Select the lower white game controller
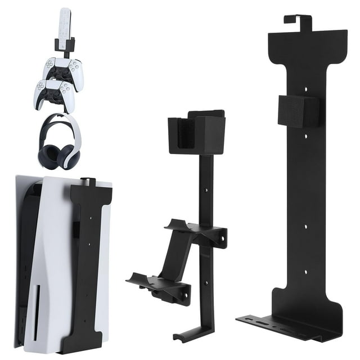pyautogui.click(x=55, y=94)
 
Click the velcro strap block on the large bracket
pyautogui.click(x=299, y=110)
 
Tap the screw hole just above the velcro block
pyautogui.click(x=307, y=88)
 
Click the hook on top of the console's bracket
pyautogui.click(x=85, y=182)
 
